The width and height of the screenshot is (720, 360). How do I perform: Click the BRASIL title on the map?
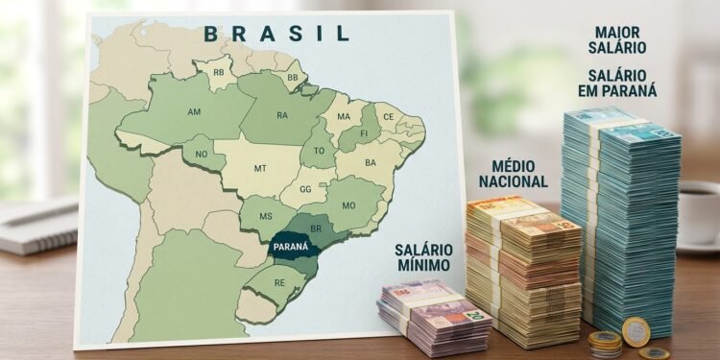276,34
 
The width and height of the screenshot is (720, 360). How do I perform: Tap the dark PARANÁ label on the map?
290,247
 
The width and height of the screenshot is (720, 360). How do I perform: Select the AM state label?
194,112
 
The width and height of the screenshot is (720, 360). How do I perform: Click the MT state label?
260,168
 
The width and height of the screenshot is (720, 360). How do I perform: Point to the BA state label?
370,163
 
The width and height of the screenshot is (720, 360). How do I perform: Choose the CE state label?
388,117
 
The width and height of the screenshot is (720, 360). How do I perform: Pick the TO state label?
319,152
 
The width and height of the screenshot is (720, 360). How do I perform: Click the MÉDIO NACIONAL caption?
513,174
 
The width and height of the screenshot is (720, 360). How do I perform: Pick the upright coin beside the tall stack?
636,330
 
